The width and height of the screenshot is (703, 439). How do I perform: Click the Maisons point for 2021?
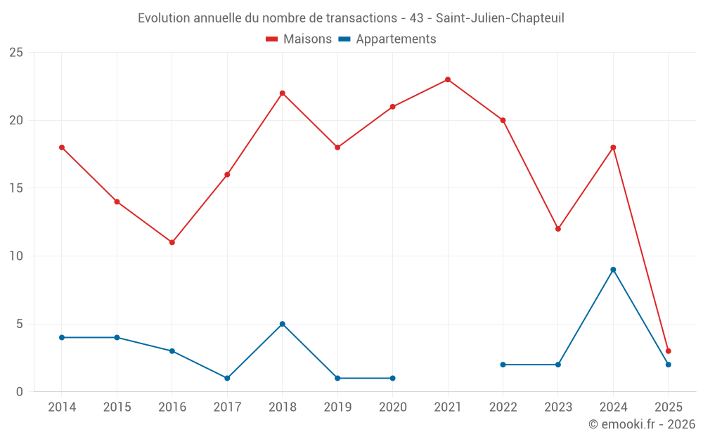[x=448, y=79]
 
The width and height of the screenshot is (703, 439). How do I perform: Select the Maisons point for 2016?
[x=172, y=242]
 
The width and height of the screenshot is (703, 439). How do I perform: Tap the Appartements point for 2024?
[x=613, y=270]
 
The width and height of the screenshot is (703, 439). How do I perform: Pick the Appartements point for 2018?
[x=283, y=324]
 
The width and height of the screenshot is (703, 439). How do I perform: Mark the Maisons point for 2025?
[x=669, y=351]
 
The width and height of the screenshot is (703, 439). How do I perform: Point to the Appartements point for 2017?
[x=227, y=378]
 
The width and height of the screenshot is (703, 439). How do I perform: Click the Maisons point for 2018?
[x=283, y=93]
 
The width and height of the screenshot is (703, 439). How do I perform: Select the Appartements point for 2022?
[x=503, y=365]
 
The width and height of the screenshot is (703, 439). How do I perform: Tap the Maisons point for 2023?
[x=558, y=229]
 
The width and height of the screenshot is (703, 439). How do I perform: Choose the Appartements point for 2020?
[x=392, y=378]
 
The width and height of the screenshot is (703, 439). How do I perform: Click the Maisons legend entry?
[x=299, y=39]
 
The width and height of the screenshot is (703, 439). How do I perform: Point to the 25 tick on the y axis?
[x=16, y=53]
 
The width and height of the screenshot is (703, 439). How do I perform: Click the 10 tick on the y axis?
[x=16, y=256]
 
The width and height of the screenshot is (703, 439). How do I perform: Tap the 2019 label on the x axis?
[x=337, y=407]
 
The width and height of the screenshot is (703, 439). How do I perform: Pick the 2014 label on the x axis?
[x=62, y=407]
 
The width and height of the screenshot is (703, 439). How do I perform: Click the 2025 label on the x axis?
[x=669, y=407]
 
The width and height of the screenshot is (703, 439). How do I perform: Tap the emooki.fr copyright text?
[x=642, y=424]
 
